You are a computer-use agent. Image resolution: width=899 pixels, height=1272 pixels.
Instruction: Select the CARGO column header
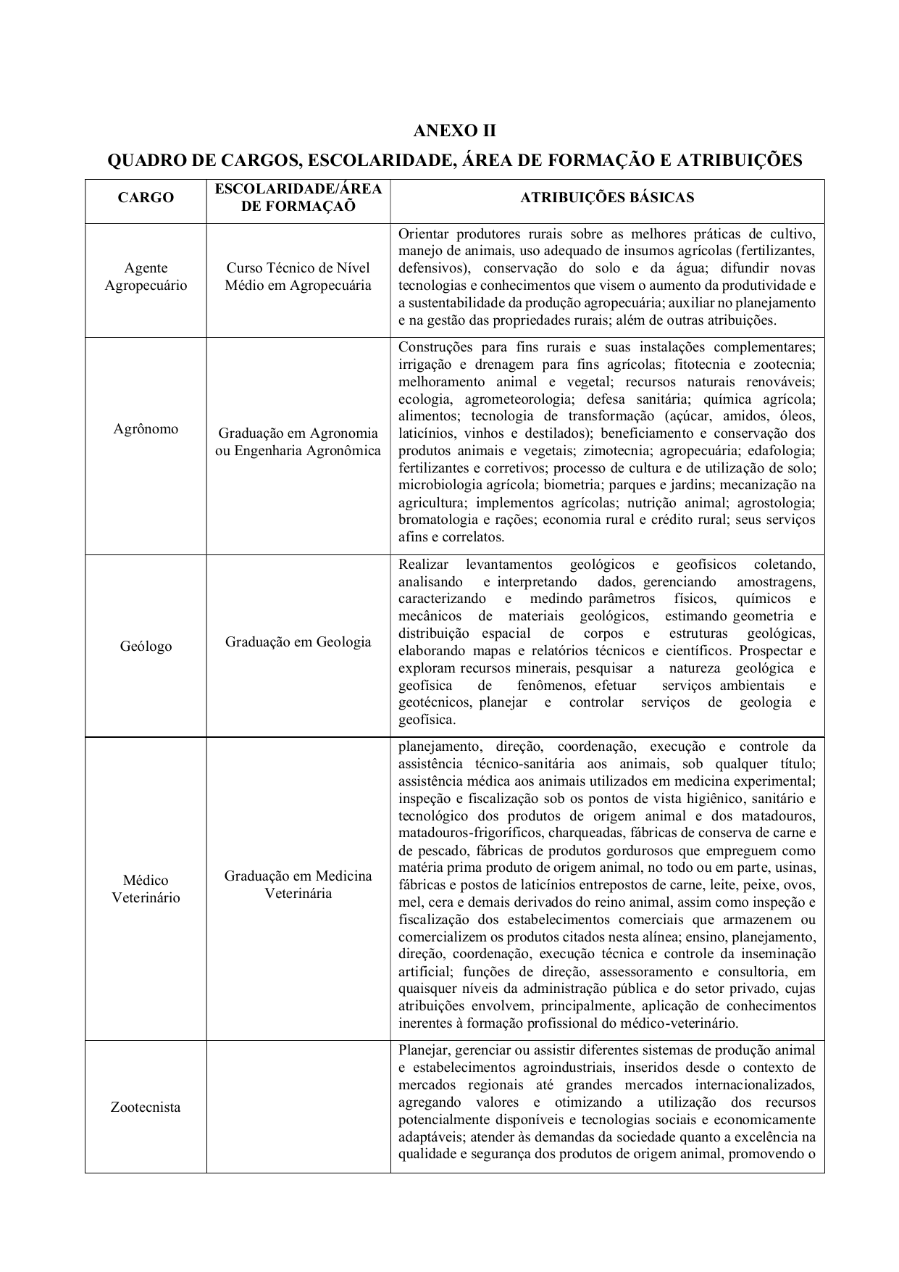(x=146, y=198)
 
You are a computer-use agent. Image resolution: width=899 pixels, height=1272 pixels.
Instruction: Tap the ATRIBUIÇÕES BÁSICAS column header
(x=607, y=198)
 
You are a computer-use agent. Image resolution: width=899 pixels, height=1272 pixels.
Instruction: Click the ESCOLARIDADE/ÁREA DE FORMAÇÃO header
(x=298, y=197)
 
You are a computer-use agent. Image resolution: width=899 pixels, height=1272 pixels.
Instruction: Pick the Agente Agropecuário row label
(x=146, y=277)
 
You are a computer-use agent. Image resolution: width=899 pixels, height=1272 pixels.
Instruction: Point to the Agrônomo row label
(x=146, y=429)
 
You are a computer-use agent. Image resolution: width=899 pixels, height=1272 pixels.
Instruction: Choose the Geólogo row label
(x=146, y=646)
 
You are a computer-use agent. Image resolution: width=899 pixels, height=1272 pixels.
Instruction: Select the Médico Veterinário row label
(x=146, y=889)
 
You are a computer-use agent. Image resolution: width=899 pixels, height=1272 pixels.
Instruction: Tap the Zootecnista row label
(x=146, y=1107)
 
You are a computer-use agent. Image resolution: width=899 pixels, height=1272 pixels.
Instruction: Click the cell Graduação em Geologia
(x=298, y=642)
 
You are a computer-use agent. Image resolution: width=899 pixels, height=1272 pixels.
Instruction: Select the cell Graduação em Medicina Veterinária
(x=298, y=884)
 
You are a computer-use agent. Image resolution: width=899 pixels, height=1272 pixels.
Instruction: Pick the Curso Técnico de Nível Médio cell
(x=298, y=277)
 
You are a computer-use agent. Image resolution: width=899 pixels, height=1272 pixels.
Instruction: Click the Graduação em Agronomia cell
(x=298, y=442)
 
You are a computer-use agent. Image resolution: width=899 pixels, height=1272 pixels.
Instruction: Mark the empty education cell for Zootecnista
(x=298, y=1107)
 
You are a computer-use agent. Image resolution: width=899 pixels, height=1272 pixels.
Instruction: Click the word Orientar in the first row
(x=424, y=234)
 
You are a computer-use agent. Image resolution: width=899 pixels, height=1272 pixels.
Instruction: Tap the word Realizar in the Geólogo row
(x=424, y=565)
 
